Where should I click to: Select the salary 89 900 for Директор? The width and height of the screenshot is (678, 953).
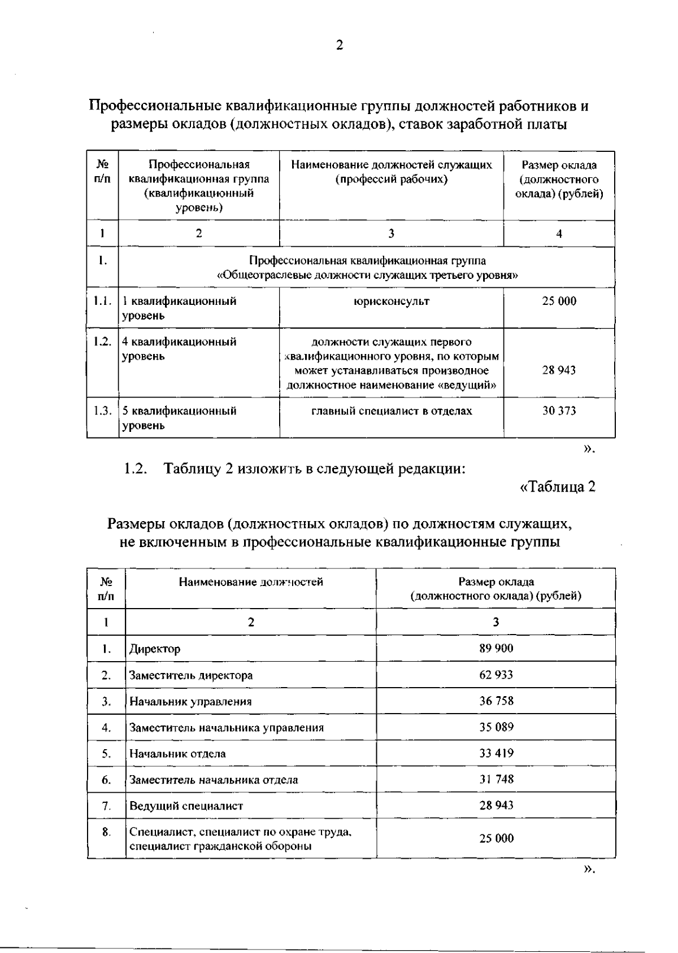click(x=496, y=648)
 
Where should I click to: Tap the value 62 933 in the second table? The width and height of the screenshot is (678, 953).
click(x=496, y=675)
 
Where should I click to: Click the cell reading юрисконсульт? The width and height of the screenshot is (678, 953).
click(x=391, y=301)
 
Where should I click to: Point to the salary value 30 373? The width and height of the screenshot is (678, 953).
click(x=559, y=411)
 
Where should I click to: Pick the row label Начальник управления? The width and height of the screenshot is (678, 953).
click(x=190, y=702)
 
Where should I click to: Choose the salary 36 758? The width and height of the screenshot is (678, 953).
click(x=496, y=701)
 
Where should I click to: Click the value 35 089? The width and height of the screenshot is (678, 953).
click(x=496, y=727)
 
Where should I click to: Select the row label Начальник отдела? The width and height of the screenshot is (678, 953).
click(x=177, y=754)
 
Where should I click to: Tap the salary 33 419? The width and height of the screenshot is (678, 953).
click(x=496, y=753)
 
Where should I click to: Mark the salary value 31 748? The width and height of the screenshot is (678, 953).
click(x=496, y=779)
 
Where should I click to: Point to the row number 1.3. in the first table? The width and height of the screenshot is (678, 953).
click(x=102, y=411)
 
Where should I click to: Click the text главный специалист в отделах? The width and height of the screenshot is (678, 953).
click(x=392, y=411)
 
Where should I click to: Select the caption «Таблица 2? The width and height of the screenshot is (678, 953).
click(x=557, y=487)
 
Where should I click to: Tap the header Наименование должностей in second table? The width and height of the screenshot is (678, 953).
click(x=251, y=582)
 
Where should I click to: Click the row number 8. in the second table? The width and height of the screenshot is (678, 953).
click(x=106, y=832)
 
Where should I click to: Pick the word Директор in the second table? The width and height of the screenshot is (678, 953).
click(x=155, y=649)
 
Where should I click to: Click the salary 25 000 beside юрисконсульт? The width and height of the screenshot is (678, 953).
click(x=559, y=301)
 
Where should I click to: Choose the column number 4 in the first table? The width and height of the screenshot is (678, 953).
click(x=559, y=234)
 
